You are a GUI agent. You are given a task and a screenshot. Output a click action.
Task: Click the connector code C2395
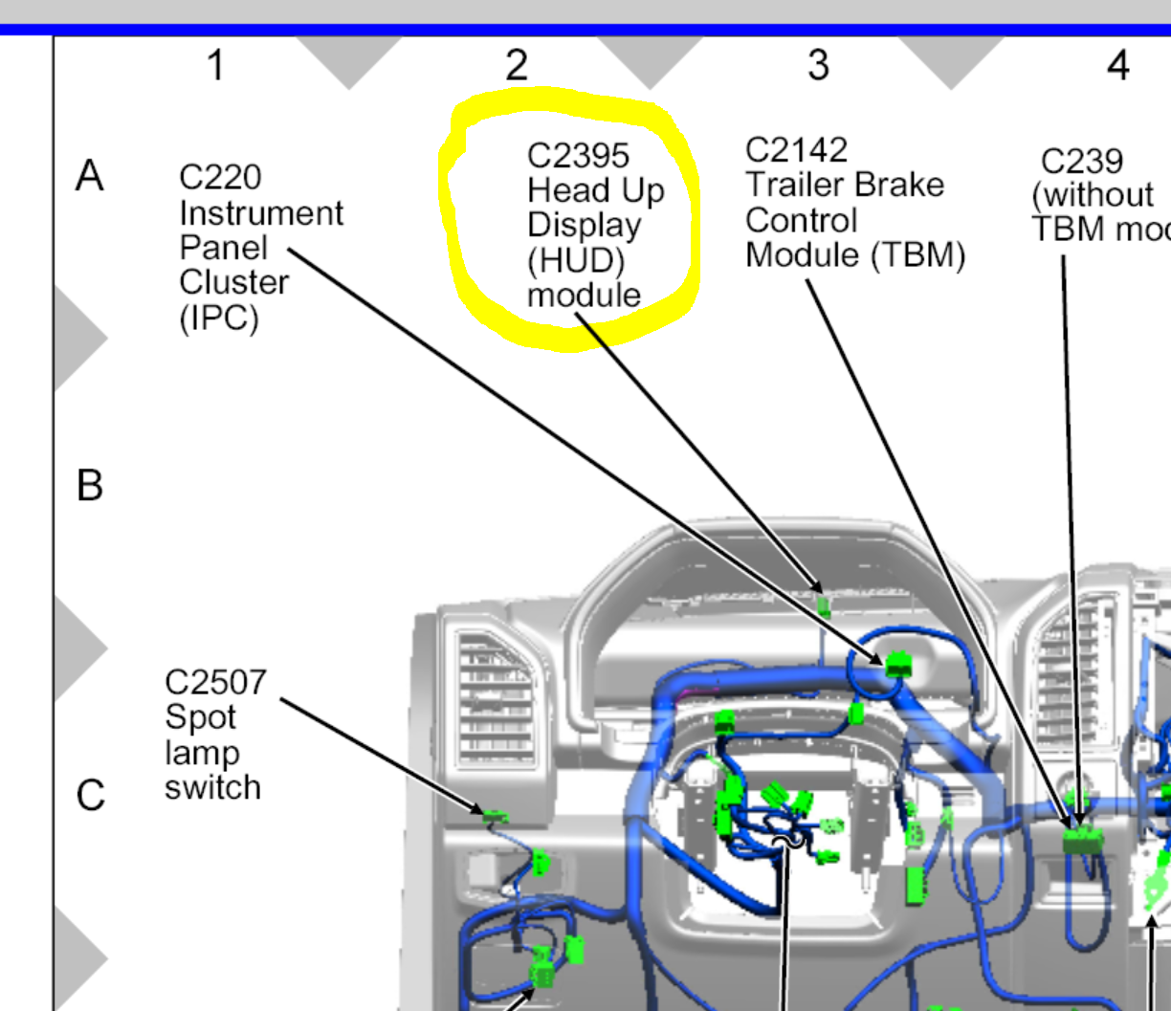click(578, 155)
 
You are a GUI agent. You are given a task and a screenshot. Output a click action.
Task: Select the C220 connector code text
click(219, 177)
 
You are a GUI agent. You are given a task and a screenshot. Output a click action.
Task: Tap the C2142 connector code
click(796, 150)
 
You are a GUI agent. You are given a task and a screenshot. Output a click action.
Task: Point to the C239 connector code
click(1081, 161)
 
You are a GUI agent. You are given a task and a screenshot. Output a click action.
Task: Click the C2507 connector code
click(215, 682)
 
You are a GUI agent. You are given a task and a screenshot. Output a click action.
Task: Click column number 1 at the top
click(216, 65)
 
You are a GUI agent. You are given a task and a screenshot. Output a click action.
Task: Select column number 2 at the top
click(517, 65)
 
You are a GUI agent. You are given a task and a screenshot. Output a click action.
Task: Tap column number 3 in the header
click(818, 65)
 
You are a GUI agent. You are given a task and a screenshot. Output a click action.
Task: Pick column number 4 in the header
click(1117, 65)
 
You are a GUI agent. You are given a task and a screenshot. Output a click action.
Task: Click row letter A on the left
click(90, 176)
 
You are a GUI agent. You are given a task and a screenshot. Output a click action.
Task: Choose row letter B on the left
click(90, 485)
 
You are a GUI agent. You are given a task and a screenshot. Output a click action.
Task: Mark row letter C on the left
click(90, 795)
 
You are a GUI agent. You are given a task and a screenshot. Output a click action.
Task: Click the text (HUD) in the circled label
click(575, 260)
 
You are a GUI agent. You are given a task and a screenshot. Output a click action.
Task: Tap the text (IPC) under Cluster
click(219, 318)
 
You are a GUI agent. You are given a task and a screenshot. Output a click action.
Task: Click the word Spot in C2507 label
click(200, 717)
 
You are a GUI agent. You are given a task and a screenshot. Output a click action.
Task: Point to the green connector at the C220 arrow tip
click(897, 663)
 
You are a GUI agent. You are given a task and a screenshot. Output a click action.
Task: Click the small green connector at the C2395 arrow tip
click(823, 604)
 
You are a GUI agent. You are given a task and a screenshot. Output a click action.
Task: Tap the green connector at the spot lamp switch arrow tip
click(495, 818)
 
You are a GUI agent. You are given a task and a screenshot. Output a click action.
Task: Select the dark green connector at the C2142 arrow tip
click(1082, 840)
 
